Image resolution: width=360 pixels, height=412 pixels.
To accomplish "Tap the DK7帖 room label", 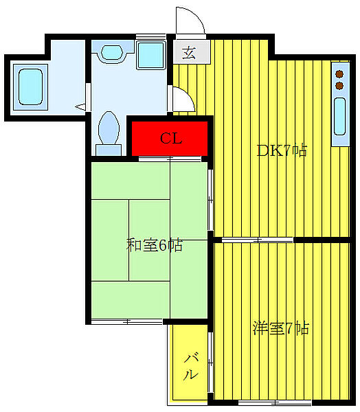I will coord(282,151).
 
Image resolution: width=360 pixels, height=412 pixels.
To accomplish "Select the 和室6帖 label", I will coord(155,245).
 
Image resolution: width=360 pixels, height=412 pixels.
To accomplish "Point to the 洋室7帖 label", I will coord(281,329).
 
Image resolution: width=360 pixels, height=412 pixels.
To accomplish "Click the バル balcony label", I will coord(190,366).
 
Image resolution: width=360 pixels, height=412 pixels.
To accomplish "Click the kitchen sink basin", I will coord(339,118).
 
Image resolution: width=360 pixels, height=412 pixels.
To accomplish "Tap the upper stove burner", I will coord(339,73).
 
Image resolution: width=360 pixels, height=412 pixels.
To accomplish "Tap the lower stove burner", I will coord(339,86).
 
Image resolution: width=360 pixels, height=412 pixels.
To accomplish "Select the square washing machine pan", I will coord(151,54).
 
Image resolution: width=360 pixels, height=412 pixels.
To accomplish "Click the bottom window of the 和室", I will coord(127,321).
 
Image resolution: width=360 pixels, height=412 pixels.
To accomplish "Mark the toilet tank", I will coord(108,149).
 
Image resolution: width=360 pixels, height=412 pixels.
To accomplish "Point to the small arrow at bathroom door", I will coord(81,106).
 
